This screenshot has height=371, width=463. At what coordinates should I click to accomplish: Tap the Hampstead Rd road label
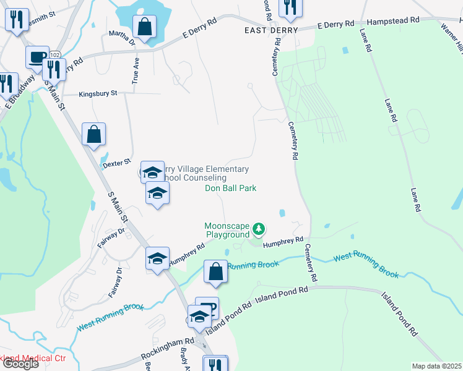(x=393, y=21)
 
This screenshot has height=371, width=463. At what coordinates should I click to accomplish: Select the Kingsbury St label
(x=98, y=93)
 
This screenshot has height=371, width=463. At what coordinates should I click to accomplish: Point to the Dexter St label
(x=117, y=161)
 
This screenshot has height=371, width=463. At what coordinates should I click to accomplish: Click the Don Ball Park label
(x=231, y=188)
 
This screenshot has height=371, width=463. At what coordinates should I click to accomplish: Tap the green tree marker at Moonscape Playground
(x=259, y=230)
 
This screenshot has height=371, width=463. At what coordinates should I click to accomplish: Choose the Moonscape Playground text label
(x=227, y=231)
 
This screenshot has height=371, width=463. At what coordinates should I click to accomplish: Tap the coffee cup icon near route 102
(x=37, y=58)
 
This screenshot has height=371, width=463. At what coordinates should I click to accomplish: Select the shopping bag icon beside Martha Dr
(x=144, y=27)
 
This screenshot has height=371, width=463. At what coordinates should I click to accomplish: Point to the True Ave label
(x=135, y=71)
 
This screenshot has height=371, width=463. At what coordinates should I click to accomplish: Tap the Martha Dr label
(x=122, y=38)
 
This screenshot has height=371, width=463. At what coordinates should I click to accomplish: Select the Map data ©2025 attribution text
(x=436, y=366)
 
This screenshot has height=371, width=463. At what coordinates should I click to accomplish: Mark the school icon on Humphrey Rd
(x=157, y=259)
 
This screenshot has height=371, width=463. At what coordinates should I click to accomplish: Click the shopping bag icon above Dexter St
(x=93, y=134)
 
